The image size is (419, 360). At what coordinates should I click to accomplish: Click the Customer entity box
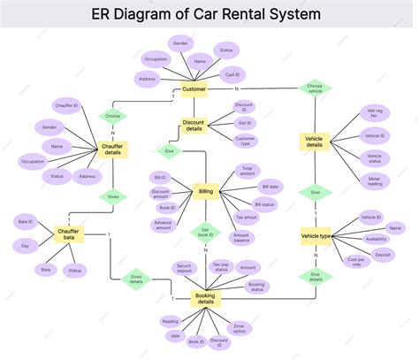pyautogui.click(x=194, y=89)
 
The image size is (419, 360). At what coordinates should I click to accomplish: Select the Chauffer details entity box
pyautogui.click(x=113, y=150)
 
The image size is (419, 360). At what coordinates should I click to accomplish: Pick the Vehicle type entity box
pyautogui.click(x=316, y=235)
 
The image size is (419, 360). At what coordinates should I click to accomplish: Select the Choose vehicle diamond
pyautogui.click(x=315, y=89)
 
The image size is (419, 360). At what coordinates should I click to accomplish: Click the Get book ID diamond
pyautogui.click(x=205, y=233)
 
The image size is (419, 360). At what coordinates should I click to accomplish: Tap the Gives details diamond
pyautogui.click(x=136, y=280)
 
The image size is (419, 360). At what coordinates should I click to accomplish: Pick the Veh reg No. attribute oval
pyautogui.click(x=374, y=113)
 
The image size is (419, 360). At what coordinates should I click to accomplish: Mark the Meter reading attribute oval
pyautogui.click(x=374, y=180)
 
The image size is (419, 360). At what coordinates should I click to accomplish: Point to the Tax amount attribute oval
pyautogui.click(x=247, y=217)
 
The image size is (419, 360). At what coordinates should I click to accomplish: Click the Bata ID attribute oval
pyautogui.click(x=26, y=221)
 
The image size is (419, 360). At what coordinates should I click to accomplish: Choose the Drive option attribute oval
pyautogui.click(x=239, y=328)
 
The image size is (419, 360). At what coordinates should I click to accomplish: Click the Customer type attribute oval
pyautogui.click(x=245, y=140)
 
